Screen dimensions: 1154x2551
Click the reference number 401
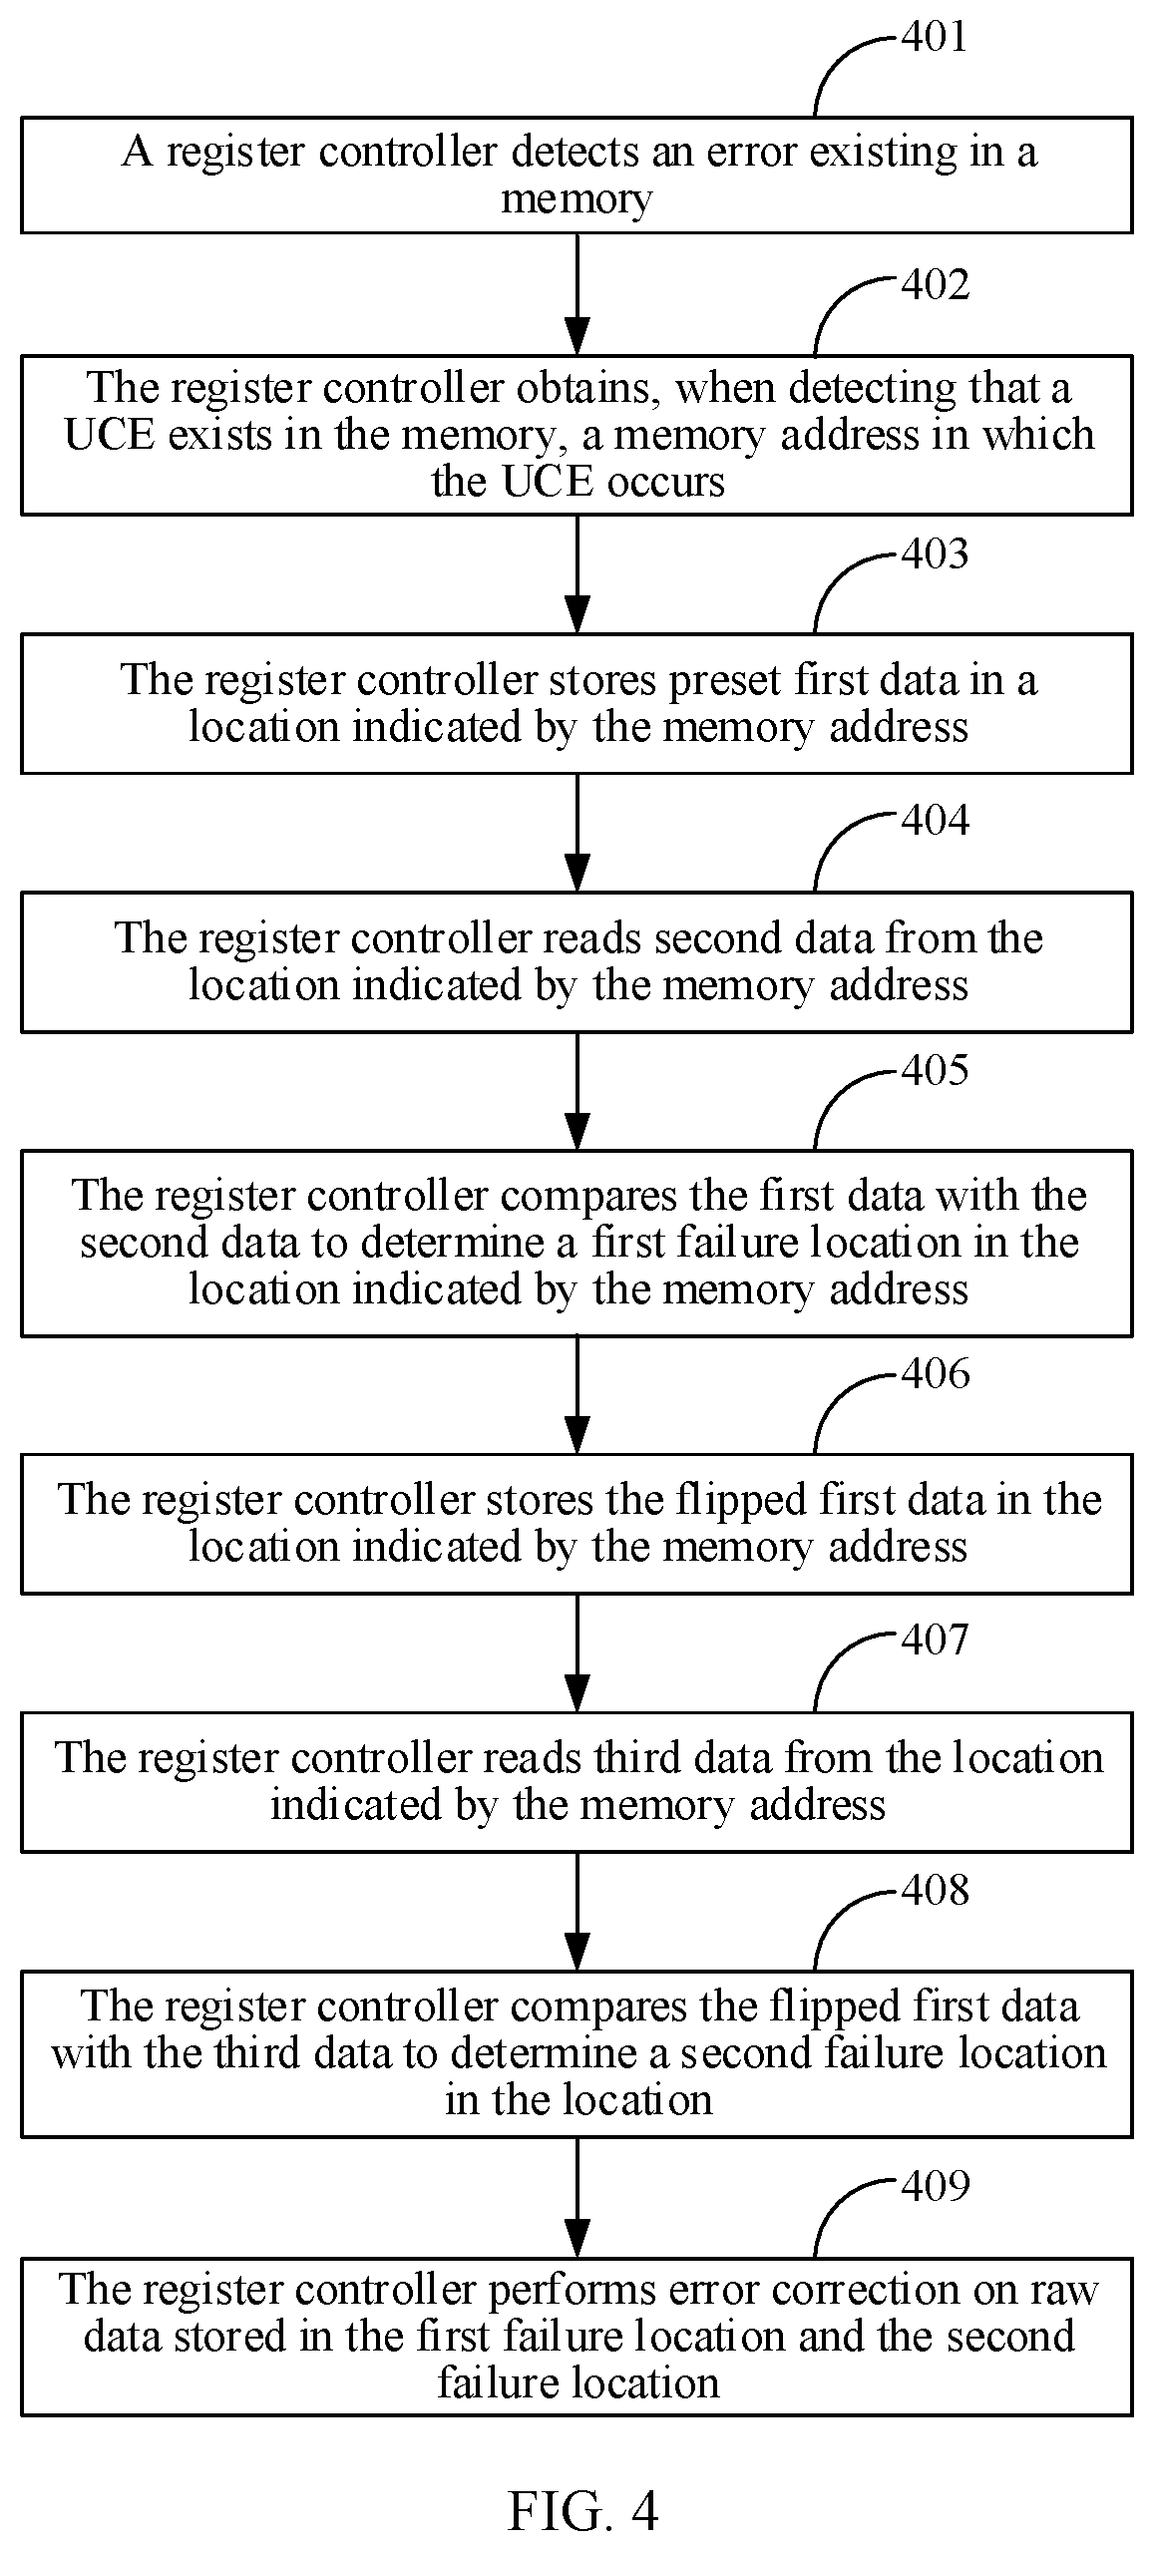[935, 37]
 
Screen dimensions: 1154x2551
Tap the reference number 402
[935, 284]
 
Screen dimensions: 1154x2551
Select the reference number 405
[935, 1069]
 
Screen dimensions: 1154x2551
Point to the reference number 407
[935, 1640]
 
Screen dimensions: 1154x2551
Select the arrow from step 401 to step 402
[577, 294]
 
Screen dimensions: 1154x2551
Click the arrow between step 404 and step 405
[577, 1091]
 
